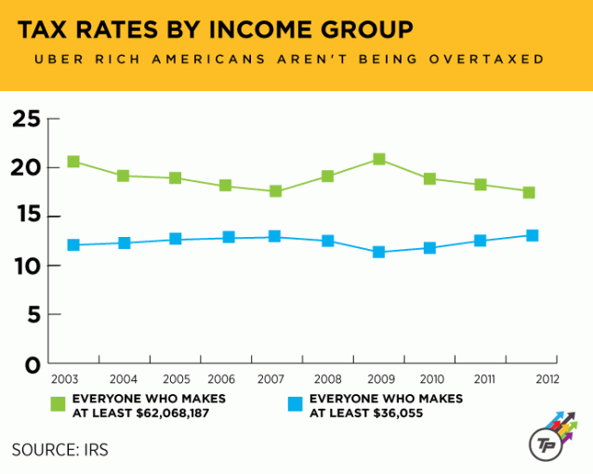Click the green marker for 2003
pos(73,162)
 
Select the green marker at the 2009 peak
pos(378,159)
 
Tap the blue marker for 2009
pos(378,252)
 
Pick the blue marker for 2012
pos(532,235)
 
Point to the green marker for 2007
pos(276,191)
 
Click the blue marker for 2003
pos(73,244)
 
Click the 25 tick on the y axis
pos(27,119)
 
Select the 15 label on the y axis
pos(27,217)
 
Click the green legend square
pos(59,403)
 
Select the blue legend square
pos(296,403)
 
